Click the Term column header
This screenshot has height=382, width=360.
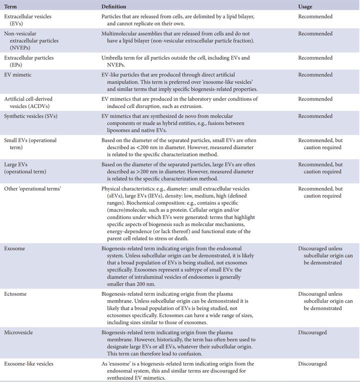coord(10,6)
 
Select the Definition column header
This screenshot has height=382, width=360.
coord(113,6)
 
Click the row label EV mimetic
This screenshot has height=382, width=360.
coord(18,75)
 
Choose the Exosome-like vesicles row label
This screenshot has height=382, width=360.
coord(28,363)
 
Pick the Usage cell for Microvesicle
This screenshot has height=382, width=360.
coord(312,332)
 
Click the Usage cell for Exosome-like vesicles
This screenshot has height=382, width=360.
coord(312,363)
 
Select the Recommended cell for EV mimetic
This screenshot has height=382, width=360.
coord(315,75)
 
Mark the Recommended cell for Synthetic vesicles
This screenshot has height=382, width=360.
coord(315,116)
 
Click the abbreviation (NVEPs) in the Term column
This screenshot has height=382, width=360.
coord(17,48)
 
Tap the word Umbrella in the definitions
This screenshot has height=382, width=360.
coord(112,58)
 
